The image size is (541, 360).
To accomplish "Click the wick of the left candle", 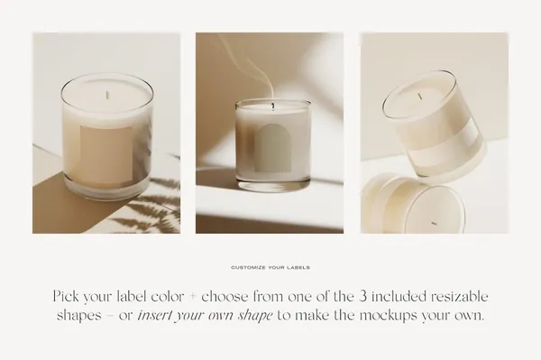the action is pos(107,95).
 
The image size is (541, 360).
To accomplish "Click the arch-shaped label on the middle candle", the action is pos(273,149).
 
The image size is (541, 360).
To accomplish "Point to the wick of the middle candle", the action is pos(273,106).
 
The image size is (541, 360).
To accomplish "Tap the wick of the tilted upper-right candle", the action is pos(420,96).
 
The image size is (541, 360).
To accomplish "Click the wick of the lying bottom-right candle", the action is pos(434,223).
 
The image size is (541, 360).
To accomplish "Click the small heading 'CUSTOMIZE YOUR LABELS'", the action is pos(270,267).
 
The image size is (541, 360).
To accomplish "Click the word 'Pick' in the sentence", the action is pos(65,297).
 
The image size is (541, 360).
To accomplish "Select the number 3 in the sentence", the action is pos(362,297).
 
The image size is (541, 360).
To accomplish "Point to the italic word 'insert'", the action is pos(154,316).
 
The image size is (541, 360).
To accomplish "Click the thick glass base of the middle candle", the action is pos(273,183).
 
